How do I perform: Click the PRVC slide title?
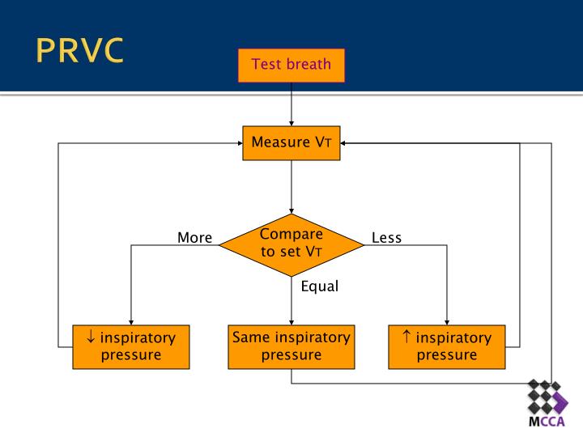(80, 50)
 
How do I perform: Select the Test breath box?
(291, 65)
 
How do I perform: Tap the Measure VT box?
(291, 143)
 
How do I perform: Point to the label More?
(194, 238)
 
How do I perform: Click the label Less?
(386, 238)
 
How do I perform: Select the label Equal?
(319, 286)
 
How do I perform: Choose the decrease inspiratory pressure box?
(130, 346)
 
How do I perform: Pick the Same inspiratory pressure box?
(291, 346)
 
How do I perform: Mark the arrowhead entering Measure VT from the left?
(240, 144)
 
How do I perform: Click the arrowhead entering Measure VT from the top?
(291, 122)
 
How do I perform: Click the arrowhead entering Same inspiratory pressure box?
(291, 320)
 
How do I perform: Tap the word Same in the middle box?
(249, 337)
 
